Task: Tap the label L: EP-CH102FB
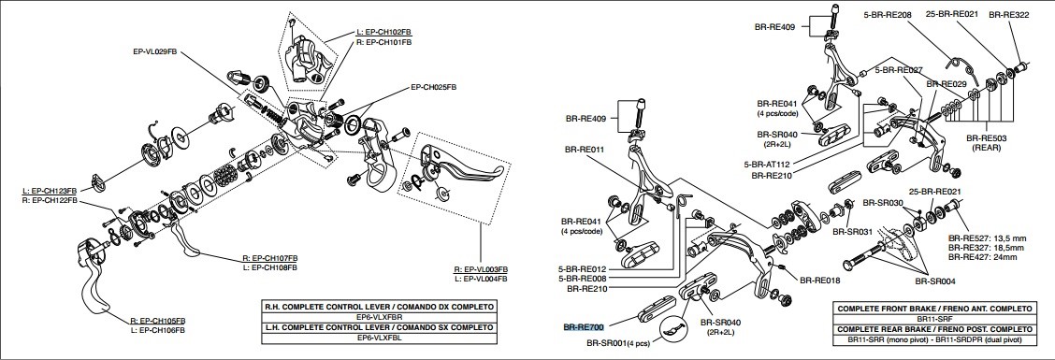[x=384, y=32]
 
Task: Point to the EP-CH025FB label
[x=433, y=87]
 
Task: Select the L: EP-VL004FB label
[x=480, y=279]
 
